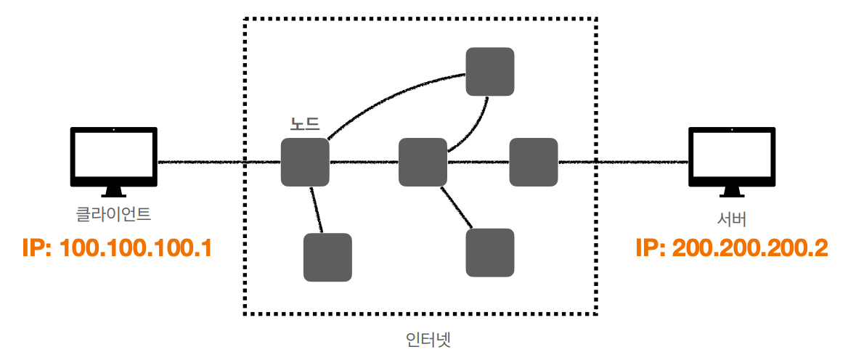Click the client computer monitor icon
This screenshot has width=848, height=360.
pyautogui.click(x=113, y=158)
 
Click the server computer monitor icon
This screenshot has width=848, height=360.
pyautogui.click(x=731, y=158)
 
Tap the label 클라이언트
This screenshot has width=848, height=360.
pyautogui.click(x=114, y=214)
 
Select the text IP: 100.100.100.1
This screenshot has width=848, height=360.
pyautogui.click(x=117, y=248)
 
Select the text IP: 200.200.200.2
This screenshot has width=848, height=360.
pyautogui.click(x=731, y=248)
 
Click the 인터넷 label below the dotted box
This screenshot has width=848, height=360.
pyautogui.click(x=429, y=340)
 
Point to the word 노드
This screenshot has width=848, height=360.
pyautogui.click(x=305, y=124)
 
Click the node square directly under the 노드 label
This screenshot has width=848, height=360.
pyautogui.click(x=305, y=162)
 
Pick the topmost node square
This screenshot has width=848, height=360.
pyautogui.click(x=490, y=71)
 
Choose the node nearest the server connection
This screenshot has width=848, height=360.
pyautogui.click(x=533, y=162)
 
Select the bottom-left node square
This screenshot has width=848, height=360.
pyautogui.click(x=327, y=257)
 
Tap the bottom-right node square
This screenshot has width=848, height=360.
pyautogui.click(x=490, y=253)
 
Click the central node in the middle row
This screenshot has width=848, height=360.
pyautogui.click(x=423, y=162)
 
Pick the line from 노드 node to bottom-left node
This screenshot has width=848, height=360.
pyautogui.click(x=315, y=210)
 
